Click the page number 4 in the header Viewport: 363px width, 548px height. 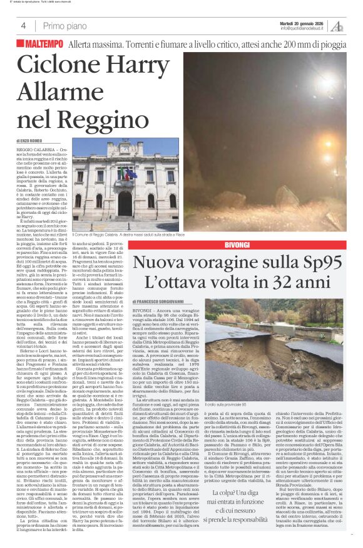click(x=23, y=26)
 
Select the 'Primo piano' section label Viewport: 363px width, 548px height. click(x=66, y=26)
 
